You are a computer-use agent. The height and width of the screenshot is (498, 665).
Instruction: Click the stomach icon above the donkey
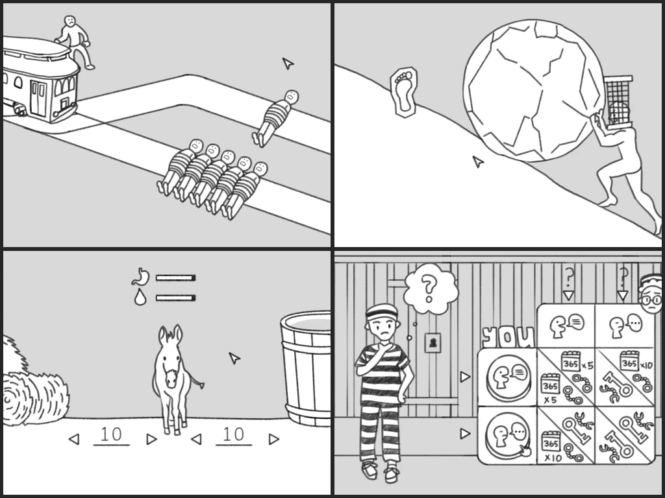tap(140, 278)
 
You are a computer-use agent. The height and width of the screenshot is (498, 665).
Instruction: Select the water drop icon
tap(140, 298)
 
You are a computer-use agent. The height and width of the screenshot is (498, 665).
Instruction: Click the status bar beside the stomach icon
tap(175, 278)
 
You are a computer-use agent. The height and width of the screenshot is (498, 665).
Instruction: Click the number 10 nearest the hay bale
tap(111, 434)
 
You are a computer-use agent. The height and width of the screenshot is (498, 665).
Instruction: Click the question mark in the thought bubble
tap(429, 288)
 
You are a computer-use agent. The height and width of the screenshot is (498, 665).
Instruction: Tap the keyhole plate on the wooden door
tap(433, 342)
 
